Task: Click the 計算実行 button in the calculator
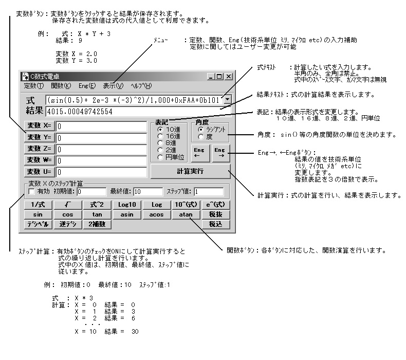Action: pos(190,171)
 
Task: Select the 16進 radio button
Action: pos(160,136)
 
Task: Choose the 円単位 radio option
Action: pos(160,157)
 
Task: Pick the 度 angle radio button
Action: pos(201,137)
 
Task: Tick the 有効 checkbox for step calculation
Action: pos(31,191)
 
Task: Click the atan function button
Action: pos(186,214)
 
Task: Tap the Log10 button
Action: pos(127,205)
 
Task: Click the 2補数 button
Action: pos(97,224)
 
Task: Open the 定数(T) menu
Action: pos(34,86)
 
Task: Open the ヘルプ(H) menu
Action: pos(141,86)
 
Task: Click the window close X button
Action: pos(229,77)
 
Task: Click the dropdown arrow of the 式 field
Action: pos(227,100)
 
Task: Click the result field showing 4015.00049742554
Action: pos(138,112)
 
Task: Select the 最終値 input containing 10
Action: pos(148,192)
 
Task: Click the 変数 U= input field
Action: pos(101,172)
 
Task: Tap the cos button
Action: pos(67,214)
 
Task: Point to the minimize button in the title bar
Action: pos(211,77)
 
